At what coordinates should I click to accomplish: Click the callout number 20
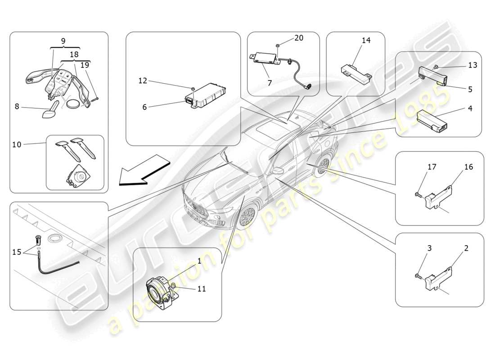(299, 38)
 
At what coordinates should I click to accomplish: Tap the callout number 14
(366, 40)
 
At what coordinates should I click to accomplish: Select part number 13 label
(472, 65)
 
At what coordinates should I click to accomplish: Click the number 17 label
(432, 167)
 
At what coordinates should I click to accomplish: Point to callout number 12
(143, 81)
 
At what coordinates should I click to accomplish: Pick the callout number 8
(17, 107)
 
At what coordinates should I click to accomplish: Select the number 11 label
(201, 289)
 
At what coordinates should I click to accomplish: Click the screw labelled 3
(418, 276)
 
